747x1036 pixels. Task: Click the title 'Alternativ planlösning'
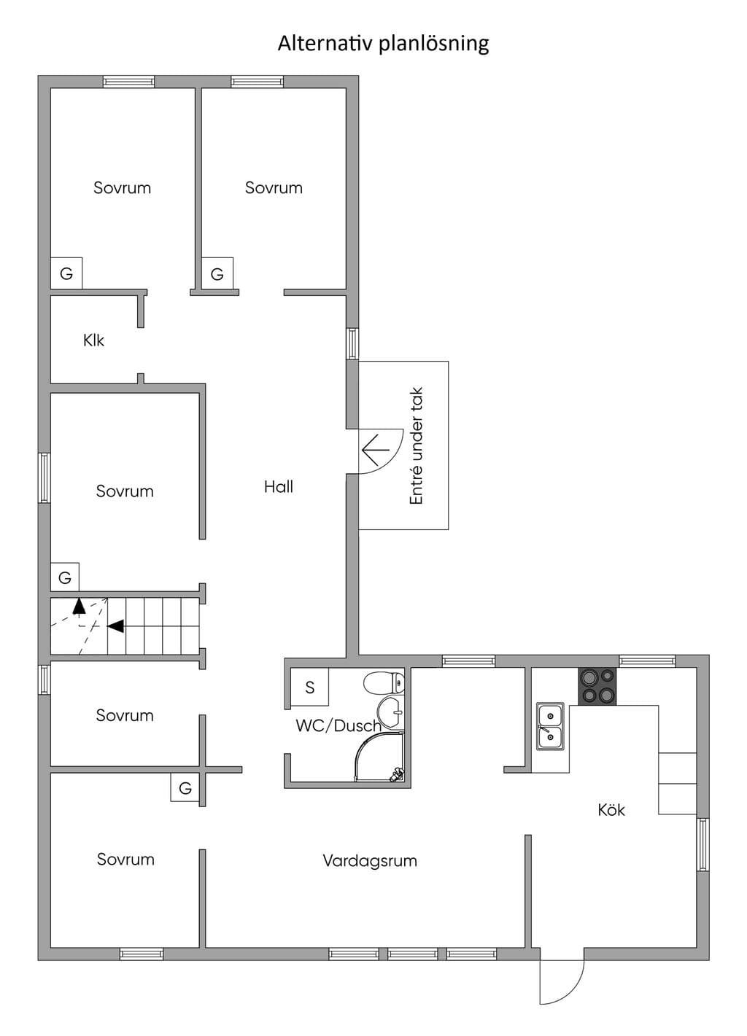tap(383, 44)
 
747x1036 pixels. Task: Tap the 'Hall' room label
tap(279, 486)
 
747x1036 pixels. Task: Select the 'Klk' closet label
tap(93, 340)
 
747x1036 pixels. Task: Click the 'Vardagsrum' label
tap(370, 860)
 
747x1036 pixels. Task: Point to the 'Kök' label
tap(611, 809)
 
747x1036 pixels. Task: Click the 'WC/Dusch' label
tap(338, 725)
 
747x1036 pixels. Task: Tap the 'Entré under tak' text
tap(417, 446)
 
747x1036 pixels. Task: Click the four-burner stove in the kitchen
tap(597, 687)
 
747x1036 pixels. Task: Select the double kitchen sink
tap(550, 726)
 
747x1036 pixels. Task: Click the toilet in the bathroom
tap(384, 683)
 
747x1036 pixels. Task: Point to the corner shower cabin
tap(379, 757)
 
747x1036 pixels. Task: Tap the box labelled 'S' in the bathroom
tap(309, 687)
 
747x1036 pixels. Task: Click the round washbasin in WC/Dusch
tap(390, 713)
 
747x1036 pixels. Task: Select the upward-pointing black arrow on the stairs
tap(79, 607)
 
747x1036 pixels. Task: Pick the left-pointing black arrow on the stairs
tap(116, 626)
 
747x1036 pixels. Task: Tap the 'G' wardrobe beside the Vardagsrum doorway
tap(185, 787)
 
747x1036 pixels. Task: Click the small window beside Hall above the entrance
tap(352, 343)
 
